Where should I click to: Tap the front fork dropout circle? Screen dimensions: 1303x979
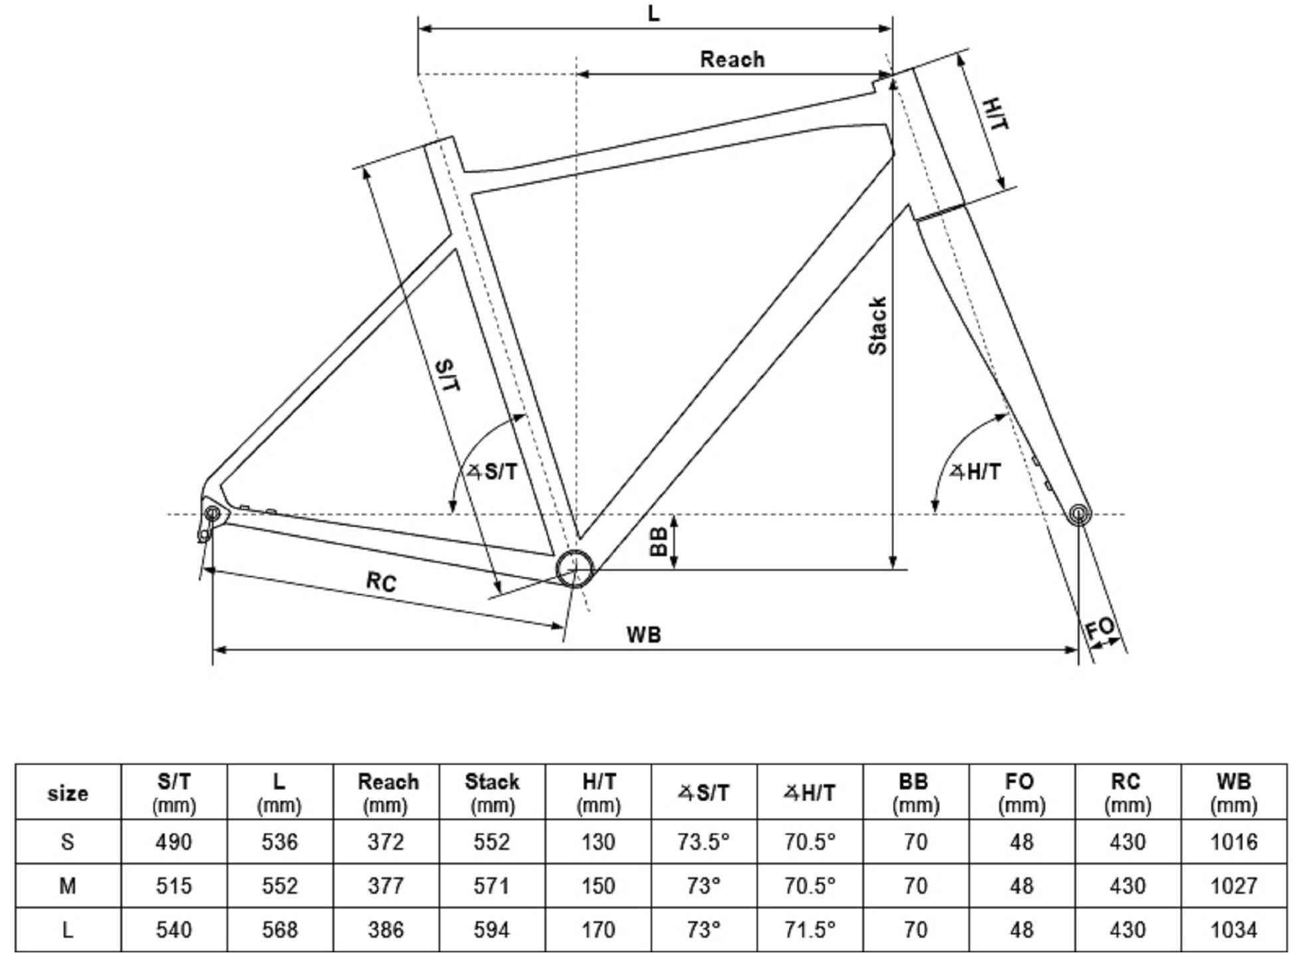pos(1079,513)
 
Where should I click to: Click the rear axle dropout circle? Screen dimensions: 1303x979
pos(212,513)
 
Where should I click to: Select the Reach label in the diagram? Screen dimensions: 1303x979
pos(732,59)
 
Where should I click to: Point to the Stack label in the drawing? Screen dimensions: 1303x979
pos(878,326)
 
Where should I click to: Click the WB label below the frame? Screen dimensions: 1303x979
pos(644,634)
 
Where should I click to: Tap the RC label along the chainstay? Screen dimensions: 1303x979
pos(382,581)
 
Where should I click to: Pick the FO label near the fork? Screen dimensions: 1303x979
pos(1100,629)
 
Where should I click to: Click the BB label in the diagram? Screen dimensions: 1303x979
pos(657,541)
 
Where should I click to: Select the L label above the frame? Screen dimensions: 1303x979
pos(654,13)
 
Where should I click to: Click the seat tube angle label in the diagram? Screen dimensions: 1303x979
pos(492,472)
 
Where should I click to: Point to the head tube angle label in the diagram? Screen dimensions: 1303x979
pos(975,472)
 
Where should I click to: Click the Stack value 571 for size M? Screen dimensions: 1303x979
pos(491,886)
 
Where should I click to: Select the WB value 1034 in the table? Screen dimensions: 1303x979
pos(1234,930)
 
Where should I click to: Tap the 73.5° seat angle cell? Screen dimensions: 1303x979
pos(703,842)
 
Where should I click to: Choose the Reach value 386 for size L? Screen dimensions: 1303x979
pos(386,930)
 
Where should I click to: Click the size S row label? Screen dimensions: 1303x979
pos(67,842)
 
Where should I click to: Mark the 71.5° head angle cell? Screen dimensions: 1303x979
pos(809,930)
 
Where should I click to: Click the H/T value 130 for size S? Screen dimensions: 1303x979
pos(598,842)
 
